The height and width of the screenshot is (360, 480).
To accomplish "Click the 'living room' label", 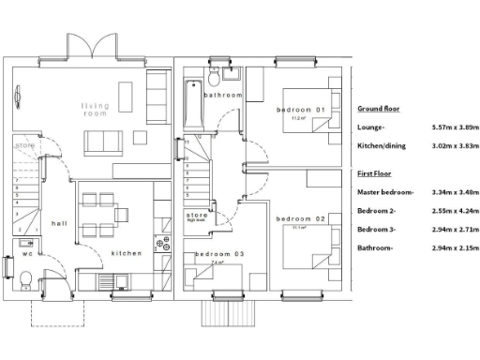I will tap(95, 109).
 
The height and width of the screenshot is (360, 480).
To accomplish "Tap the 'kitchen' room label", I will tap(127, 253).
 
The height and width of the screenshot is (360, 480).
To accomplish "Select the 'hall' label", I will tap(59, 223).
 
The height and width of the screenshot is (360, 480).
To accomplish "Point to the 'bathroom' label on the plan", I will tap(225, 96).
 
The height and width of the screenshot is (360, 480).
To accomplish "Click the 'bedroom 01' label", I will tap(300, 111).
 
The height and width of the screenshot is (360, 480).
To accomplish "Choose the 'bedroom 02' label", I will tap(301, 218).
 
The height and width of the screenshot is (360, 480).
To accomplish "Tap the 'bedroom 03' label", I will tap(219, 254).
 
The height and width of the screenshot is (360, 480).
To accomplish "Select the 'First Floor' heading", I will tap(375, 174).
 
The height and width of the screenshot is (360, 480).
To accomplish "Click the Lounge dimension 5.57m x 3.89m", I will tap(454, 127).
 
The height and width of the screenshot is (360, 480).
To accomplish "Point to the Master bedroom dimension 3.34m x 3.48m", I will tap(454, 192).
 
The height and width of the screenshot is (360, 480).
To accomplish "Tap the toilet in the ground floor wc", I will tap(25, 279).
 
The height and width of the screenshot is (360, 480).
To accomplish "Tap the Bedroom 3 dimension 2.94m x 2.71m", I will tap(454, 229).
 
